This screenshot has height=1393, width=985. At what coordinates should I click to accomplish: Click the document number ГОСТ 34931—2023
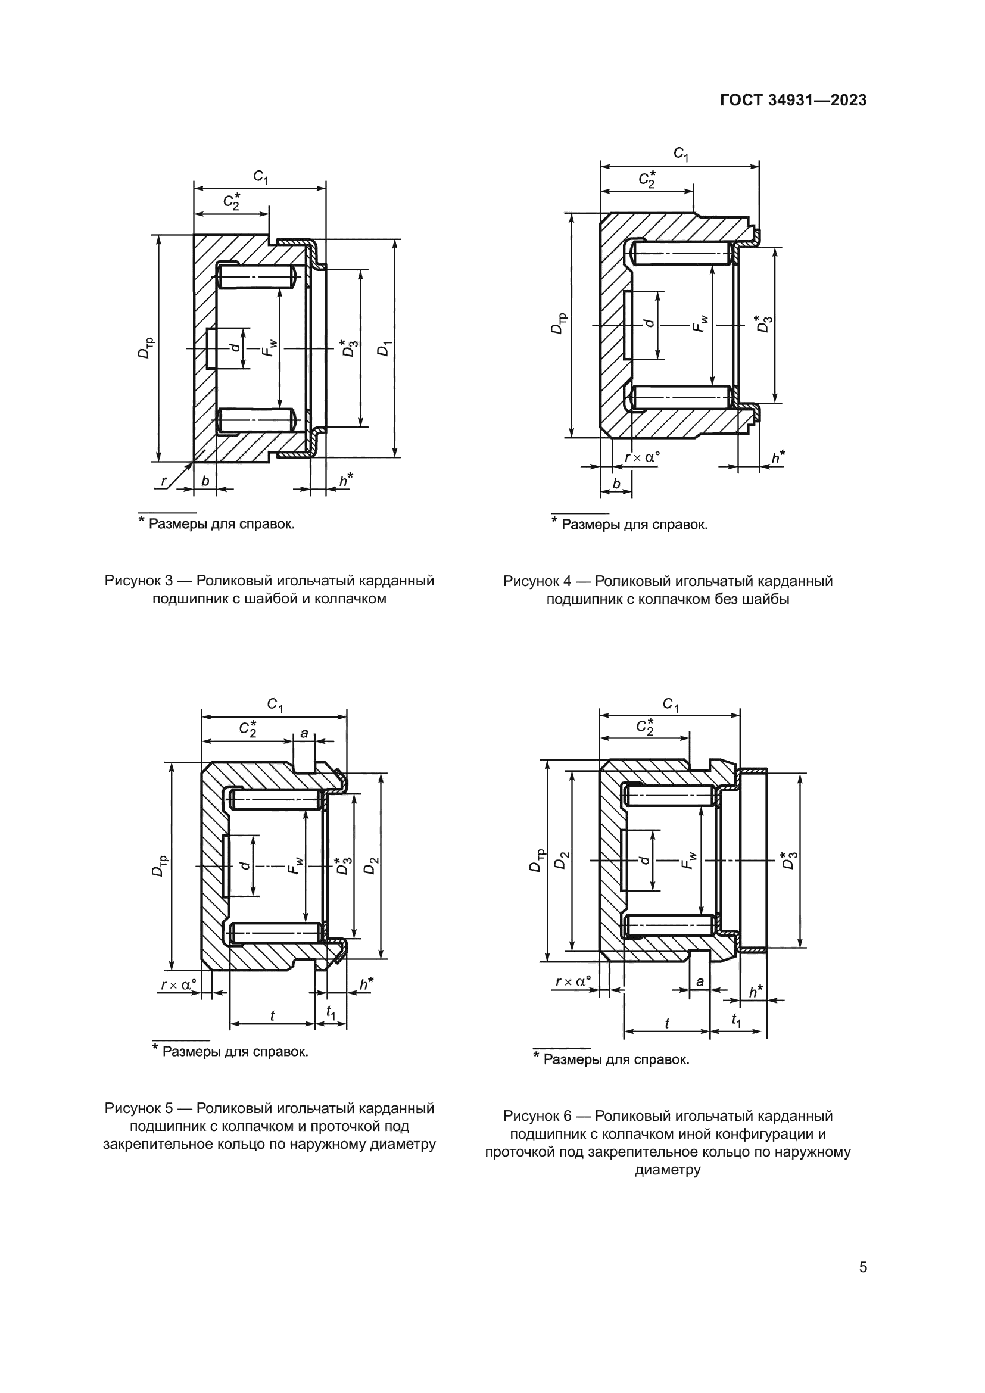(793, 101)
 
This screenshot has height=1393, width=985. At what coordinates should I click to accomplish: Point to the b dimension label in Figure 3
(205, 481)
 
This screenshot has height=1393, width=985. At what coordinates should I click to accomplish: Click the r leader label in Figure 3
(163, 482)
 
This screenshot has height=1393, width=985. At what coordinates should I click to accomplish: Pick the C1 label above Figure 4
(681, 155)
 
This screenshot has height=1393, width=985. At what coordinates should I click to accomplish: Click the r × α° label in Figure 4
(642, 457)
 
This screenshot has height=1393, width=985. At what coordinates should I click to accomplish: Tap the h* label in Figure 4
(777, 457)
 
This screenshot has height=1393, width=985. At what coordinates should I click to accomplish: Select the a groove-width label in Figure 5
(304, 734)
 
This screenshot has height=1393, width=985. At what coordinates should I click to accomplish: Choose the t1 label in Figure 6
(735, 1021)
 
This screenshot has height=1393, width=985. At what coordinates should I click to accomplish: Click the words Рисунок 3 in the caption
(139, 581)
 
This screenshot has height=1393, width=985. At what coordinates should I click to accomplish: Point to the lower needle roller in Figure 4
(679, 397)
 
